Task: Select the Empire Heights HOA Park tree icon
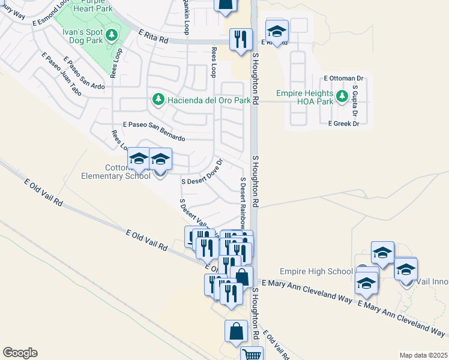click(x=342, y=96)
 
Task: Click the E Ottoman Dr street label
click(x=344, y=78)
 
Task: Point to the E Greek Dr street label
click(x=343, y=124)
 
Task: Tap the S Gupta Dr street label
click(x=355, y=101)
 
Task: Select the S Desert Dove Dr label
click(x=202, y=172)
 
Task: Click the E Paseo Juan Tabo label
click(x=62, y=74)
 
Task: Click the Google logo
click(x=20, y=353)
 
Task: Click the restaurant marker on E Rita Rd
click(x=241, y=40)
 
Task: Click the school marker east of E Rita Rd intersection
click(x=277, y=31)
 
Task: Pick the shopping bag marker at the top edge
click(x=225, y=6)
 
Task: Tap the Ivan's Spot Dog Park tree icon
click(x=111, y=35)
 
